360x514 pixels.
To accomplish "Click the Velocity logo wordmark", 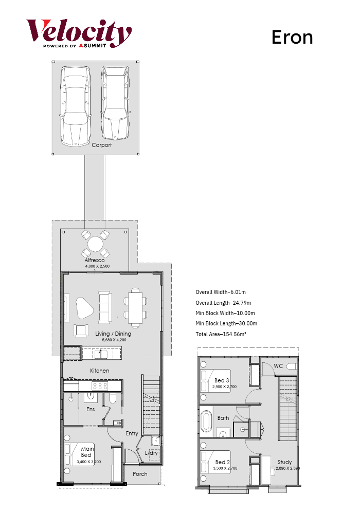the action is (79, 31).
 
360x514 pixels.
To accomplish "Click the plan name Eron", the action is (292, 38).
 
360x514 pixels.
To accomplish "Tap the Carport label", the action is (102, 145).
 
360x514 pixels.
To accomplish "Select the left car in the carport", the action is (76, 106).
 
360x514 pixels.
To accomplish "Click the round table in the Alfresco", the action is (96, 244).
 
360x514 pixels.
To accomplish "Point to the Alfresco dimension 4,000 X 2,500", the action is (97, 266).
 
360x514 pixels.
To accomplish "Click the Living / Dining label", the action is (113, 334).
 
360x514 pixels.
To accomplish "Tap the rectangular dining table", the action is (135, 308).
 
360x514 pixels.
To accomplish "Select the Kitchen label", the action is (100, 371).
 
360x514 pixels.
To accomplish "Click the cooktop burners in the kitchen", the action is (100, 386).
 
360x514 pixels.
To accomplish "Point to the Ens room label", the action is (91, 409).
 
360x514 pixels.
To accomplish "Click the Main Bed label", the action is (87, 452).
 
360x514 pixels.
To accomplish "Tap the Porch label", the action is (140, 474).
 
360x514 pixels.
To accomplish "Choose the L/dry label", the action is (152, 453).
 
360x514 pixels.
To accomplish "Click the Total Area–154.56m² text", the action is (221, 334).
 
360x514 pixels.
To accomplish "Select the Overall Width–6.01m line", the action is (221, 292).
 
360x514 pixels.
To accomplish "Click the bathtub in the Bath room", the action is (206, 421).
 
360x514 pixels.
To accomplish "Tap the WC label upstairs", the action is (278, 366).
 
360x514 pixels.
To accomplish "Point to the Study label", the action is (284, 462).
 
